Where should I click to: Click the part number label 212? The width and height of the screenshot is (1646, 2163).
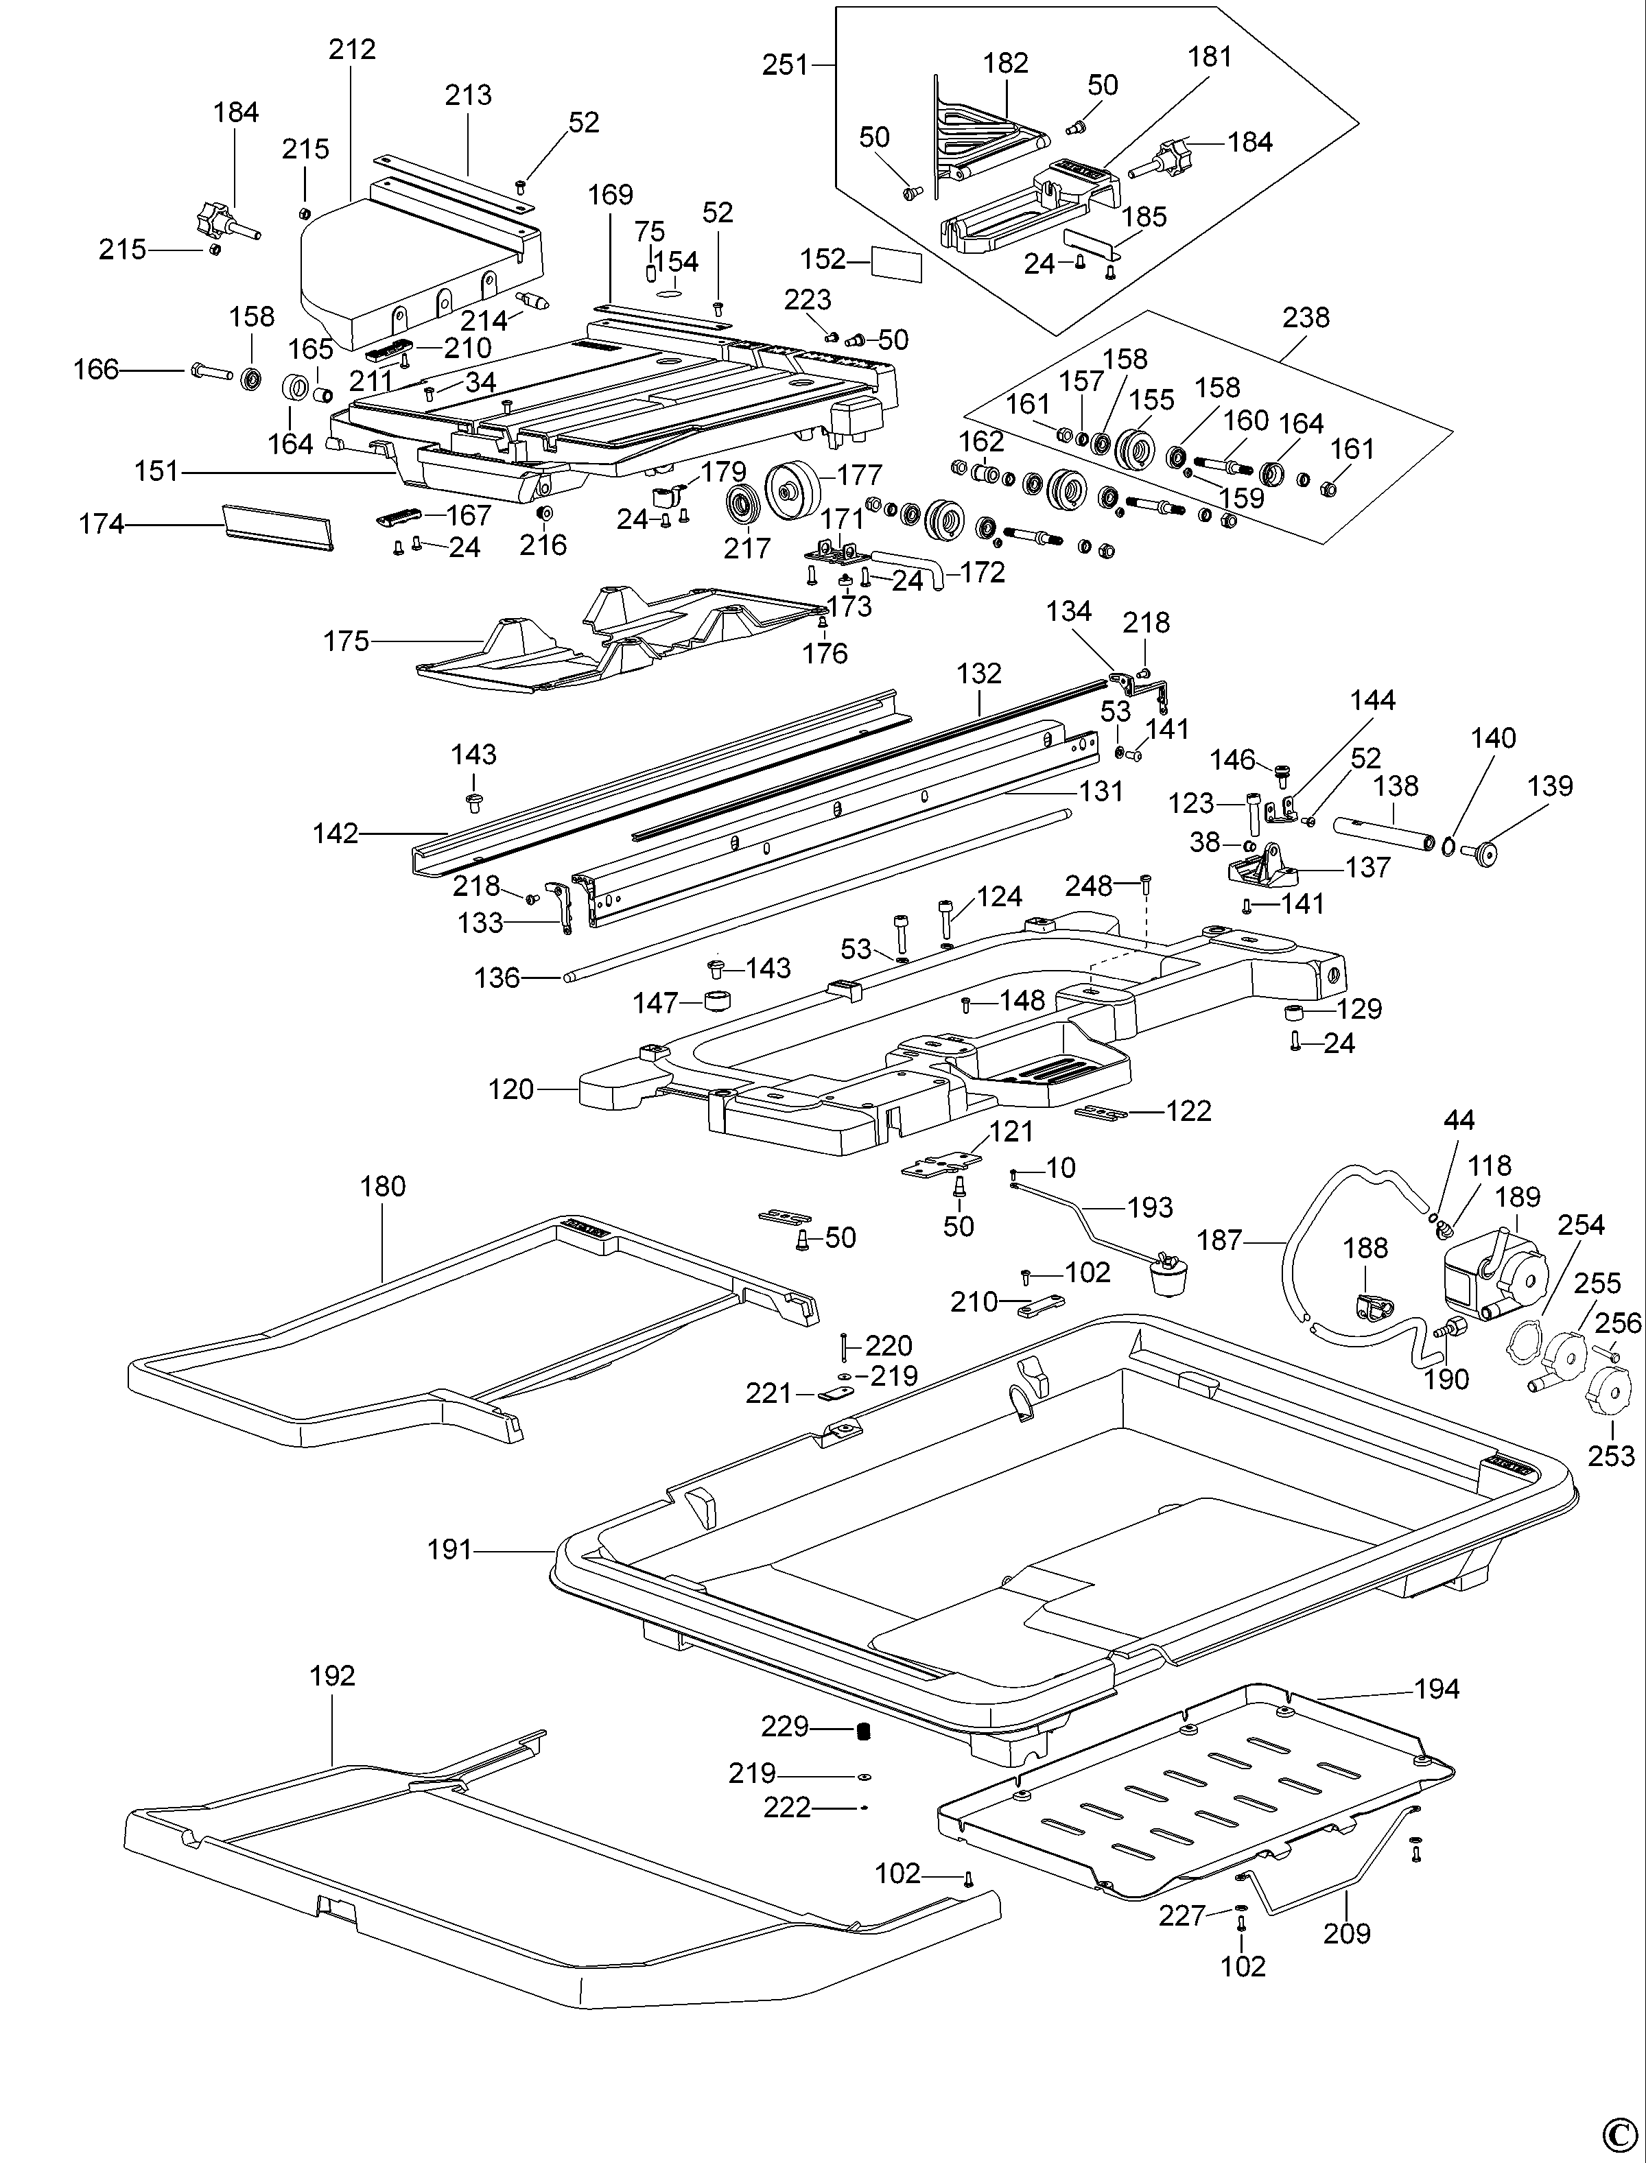pos(352,49)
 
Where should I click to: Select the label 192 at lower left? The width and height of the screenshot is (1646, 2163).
pos(332,1675)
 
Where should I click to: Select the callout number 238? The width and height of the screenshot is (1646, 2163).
pos(1306,318)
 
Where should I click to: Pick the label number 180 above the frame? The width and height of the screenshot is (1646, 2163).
pos(382,1186)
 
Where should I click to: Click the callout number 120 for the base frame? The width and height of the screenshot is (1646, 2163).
pos(510,1089)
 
